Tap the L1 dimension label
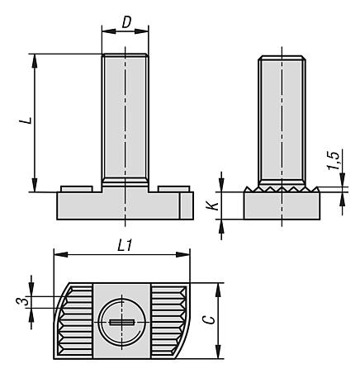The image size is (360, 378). pyautogui.click(x=122, y=245)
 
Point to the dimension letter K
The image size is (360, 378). pyautogui.click(x=211, y=205)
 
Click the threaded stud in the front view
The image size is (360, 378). pyautogui.click(x=125, y=116)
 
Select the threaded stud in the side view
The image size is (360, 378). pyautogui.click(x=283, y=120)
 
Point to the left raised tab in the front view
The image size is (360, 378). pyautogui.click(x=77, y=188)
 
